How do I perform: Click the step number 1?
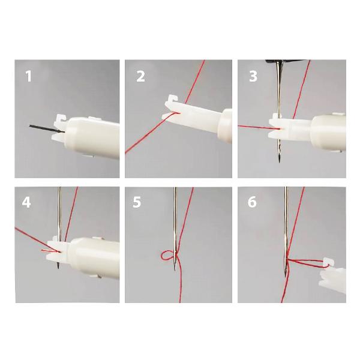[x=28, y=76]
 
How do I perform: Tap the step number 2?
[x=140, y=76]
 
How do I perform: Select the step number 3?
[x=253, y=76]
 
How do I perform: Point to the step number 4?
[x=26, y=203]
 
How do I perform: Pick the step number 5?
[x=137, y=202]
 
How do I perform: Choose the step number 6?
[x=252, y=202]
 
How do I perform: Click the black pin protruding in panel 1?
[x=47, y=129]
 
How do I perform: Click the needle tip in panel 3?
[x=279, y=161]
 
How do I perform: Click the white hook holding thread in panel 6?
[x=328, y=262]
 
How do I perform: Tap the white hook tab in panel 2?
[x=173, y=99]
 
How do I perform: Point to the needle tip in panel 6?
[x=285, y=275]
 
